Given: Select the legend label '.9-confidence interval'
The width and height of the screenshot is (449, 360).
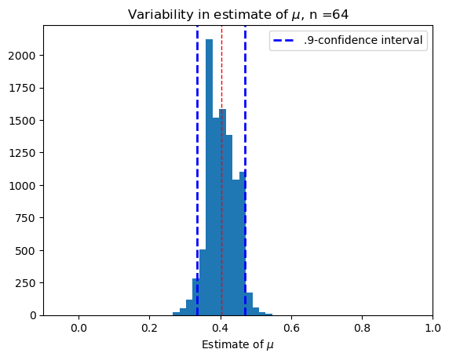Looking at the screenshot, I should click(x=363, y=40).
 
